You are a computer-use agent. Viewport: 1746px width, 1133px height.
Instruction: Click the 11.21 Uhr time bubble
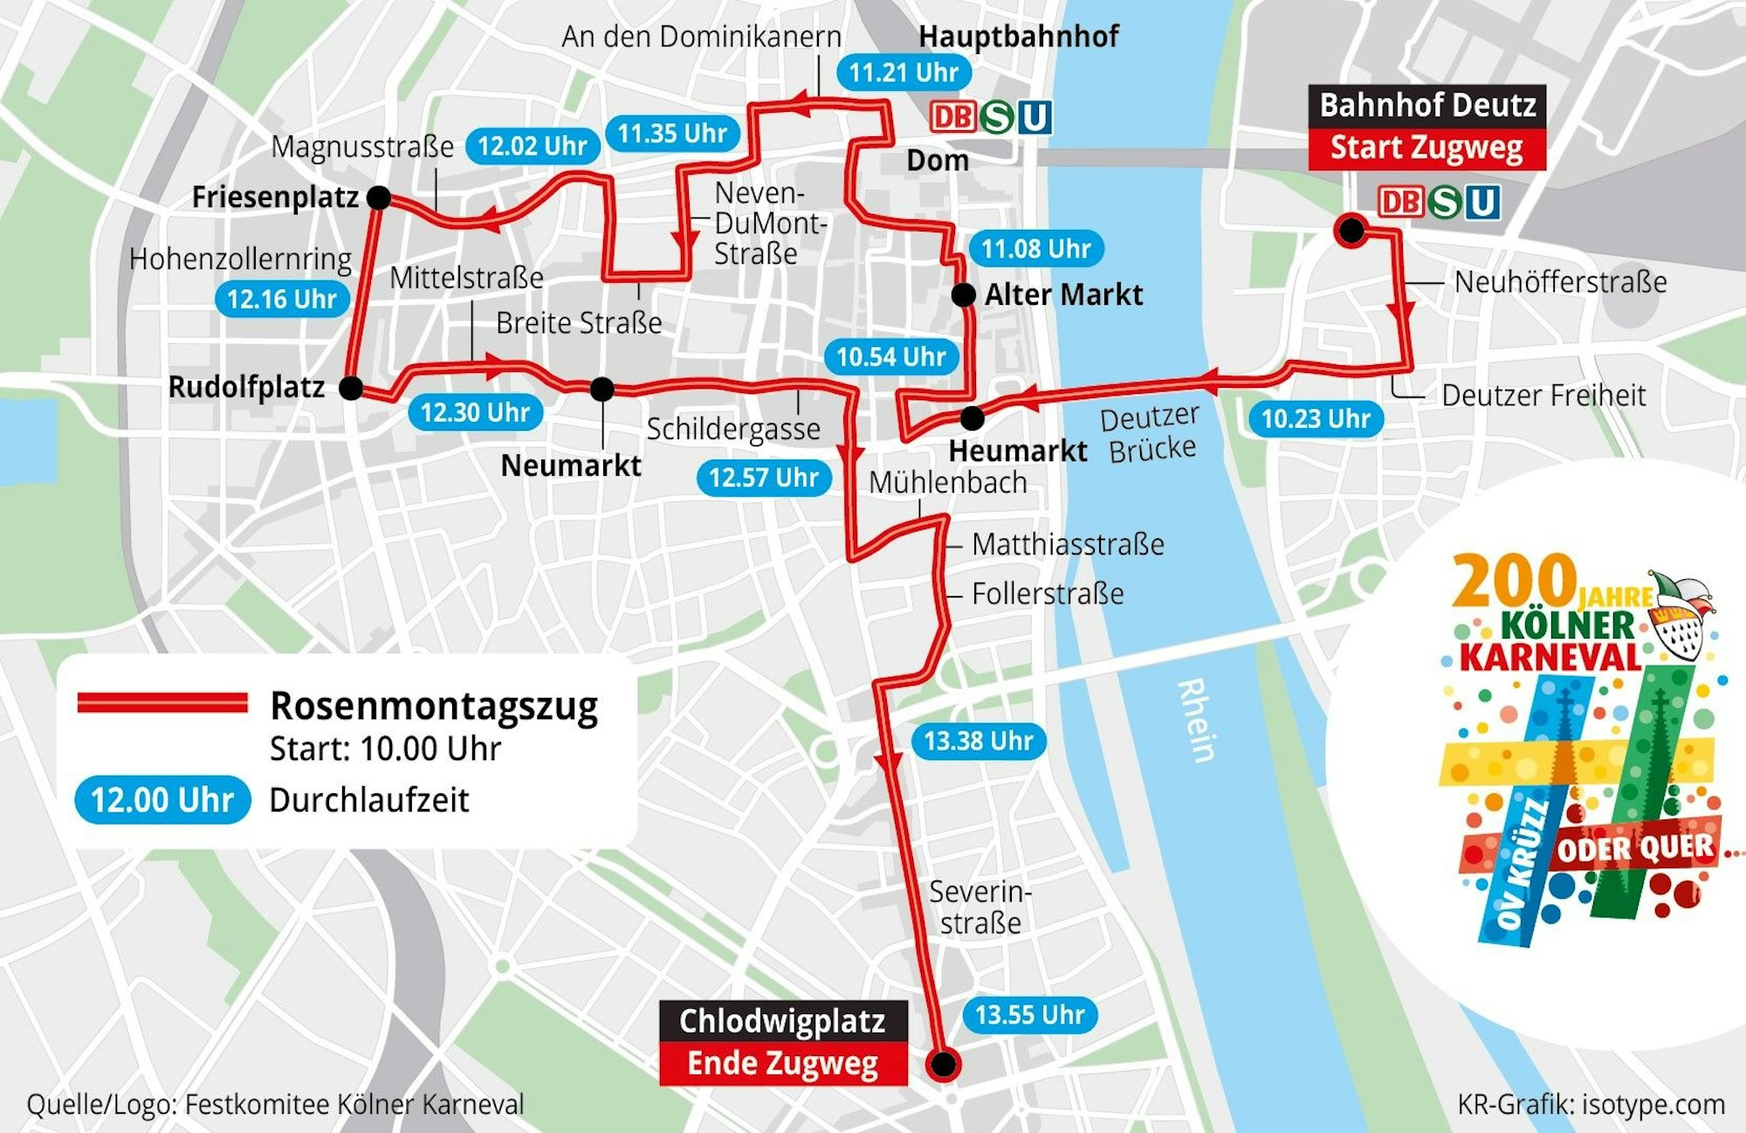[x=904, y=73]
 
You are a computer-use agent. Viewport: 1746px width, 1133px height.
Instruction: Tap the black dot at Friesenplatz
[x=379, y=197]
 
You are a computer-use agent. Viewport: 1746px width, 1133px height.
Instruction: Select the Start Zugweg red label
[x=1426, y=149]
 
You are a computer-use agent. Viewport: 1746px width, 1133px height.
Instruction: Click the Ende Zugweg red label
[x=782, y=1064]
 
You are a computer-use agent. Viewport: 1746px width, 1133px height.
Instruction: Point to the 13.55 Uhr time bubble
[x=1029, y=1015]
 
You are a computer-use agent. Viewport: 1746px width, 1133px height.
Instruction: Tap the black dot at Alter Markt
[x=963, y=295]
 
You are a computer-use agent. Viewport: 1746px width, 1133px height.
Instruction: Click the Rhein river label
[x=1196, y=721]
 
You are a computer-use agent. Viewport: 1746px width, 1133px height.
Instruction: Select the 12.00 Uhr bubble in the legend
[x=162, y=800]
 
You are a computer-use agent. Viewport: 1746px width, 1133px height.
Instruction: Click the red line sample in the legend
[x=162, y=703]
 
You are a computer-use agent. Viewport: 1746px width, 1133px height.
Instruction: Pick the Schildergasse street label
[x=733, y=429]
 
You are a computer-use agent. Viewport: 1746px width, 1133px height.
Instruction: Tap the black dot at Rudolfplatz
[x=351, y=388]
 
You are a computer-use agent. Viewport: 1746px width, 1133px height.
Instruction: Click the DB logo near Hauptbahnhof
[x=952, y=117]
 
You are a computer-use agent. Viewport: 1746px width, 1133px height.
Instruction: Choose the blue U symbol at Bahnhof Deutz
[x=1482, y=203]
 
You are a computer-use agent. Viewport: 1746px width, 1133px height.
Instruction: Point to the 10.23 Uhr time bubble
[x=1315, y=419]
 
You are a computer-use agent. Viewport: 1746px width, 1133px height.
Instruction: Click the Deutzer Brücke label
[x=1151, y=434]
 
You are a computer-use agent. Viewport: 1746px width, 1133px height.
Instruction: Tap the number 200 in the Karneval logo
[x=1514, y=582]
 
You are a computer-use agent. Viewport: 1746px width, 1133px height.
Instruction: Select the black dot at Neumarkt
[x=601, y=389]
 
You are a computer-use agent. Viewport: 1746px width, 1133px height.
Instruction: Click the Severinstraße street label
[x=980, y=908]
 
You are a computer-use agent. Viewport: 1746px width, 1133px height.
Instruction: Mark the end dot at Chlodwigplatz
[x=943, y=1064]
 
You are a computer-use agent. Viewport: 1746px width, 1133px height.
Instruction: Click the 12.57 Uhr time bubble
[x=763, y=478]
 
